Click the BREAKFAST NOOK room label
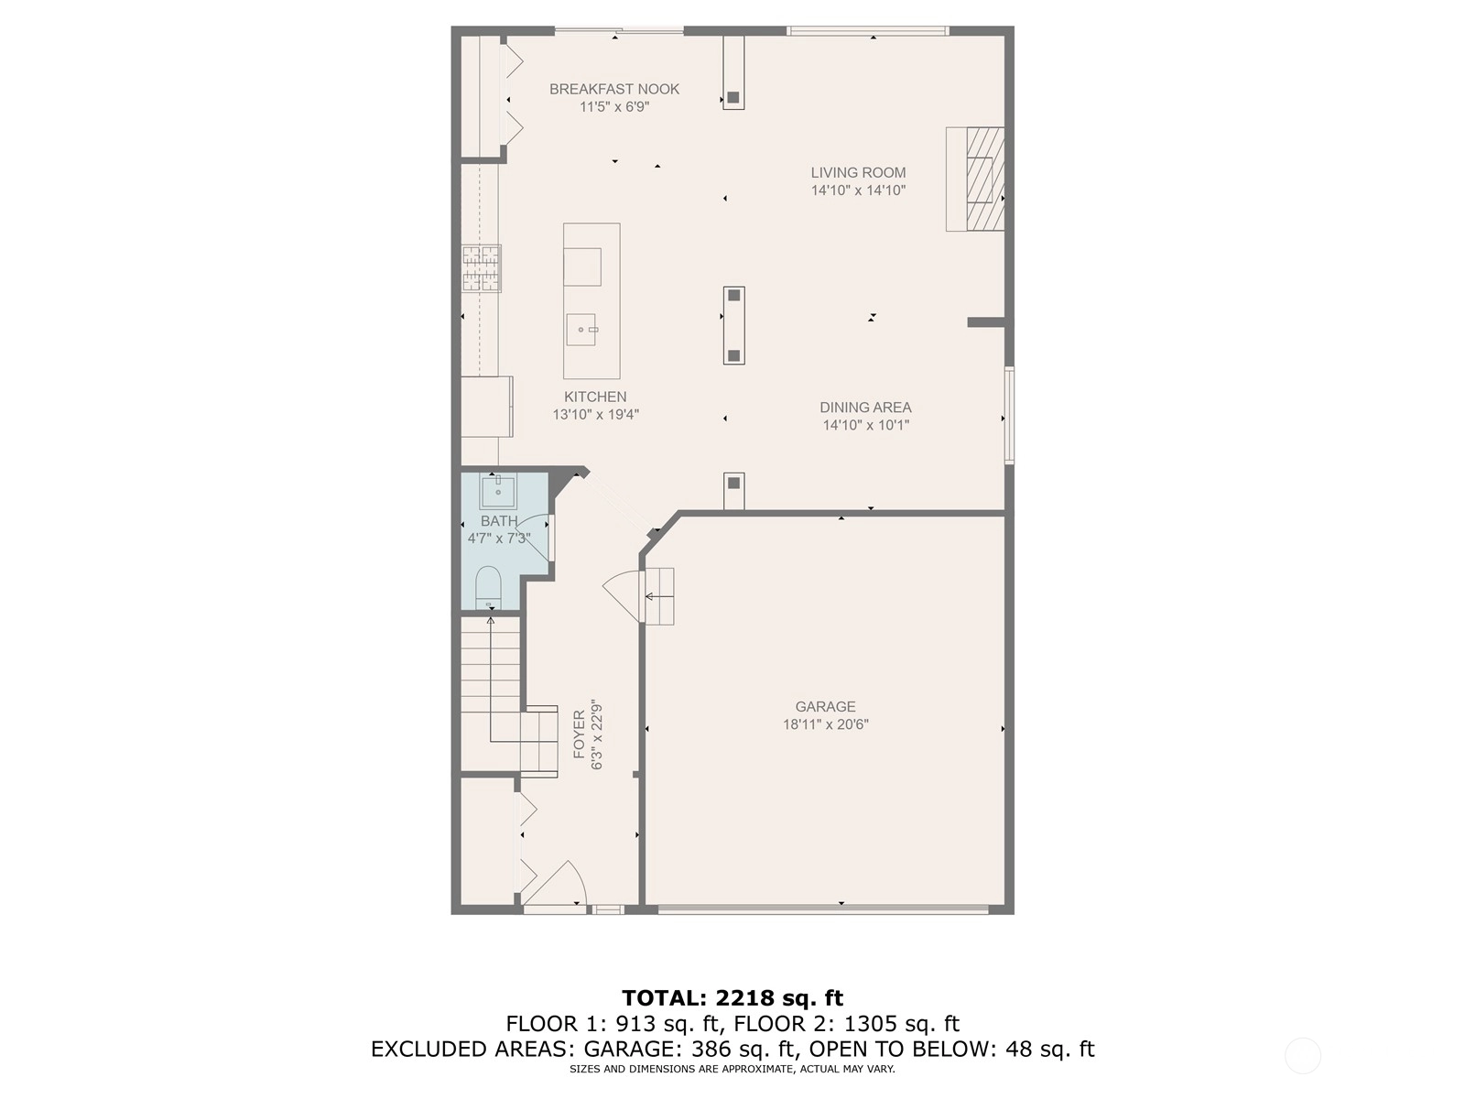point(614,89)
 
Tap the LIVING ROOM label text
point(858,172)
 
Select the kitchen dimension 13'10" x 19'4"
point(595,414)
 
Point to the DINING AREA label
point(865,407)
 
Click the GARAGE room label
point(825,706)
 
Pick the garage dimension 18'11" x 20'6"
point(826,724)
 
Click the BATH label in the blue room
point(499,521)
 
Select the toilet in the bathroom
point(488,588)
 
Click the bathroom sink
point(498,492)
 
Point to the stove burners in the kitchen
point(482,268)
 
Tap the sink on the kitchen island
point(581,330)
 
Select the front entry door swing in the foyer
point(555,884)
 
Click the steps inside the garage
point(659,596)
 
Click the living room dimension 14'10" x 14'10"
point(858,190)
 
